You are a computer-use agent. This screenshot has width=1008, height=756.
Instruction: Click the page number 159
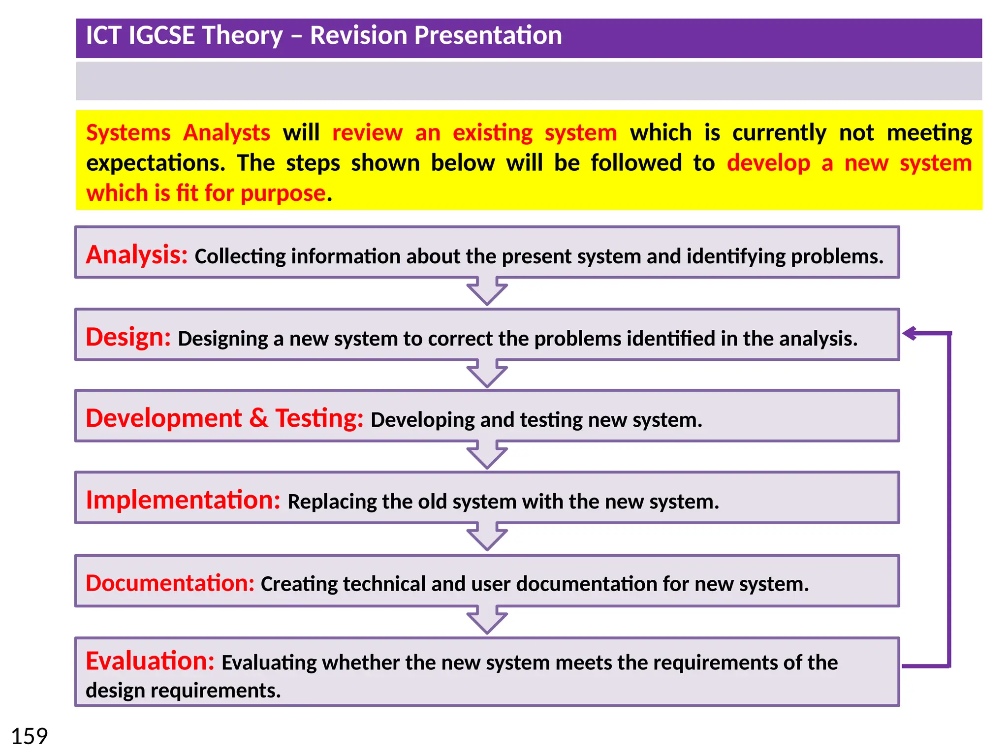pos(30,737)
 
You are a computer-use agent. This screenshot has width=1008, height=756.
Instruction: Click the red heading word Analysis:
pos(136,255)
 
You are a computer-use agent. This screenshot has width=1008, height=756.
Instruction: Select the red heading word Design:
pos(128,338)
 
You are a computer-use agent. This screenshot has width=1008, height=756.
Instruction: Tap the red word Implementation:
pos(183,500)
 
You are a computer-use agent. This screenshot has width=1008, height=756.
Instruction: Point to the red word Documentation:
pos(169,583)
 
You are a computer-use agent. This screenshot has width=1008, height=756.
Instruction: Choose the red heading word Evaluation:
pos(150,661)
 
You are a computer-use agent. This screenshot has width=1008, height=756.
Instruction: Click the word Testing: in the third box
pos(319,419)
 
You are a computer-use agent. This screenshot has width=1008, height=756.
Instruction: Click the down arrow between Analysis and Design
pos(487,291)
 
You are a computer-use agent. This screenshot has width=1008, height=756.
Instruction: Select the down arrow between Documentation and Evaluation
pos(487,620)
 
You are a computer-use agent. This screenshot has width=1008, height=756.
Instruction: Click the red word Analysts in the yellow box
pos(226,133)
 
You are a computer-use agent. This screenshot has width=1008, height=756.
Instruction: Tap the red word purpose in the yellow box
pos(283,193)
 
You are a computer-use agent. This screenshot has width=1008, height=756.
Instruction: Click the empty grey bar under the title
pos(529,81)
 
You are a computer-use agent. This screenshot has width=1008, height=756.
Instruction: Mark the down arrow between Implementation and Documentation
pos(487,537)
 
